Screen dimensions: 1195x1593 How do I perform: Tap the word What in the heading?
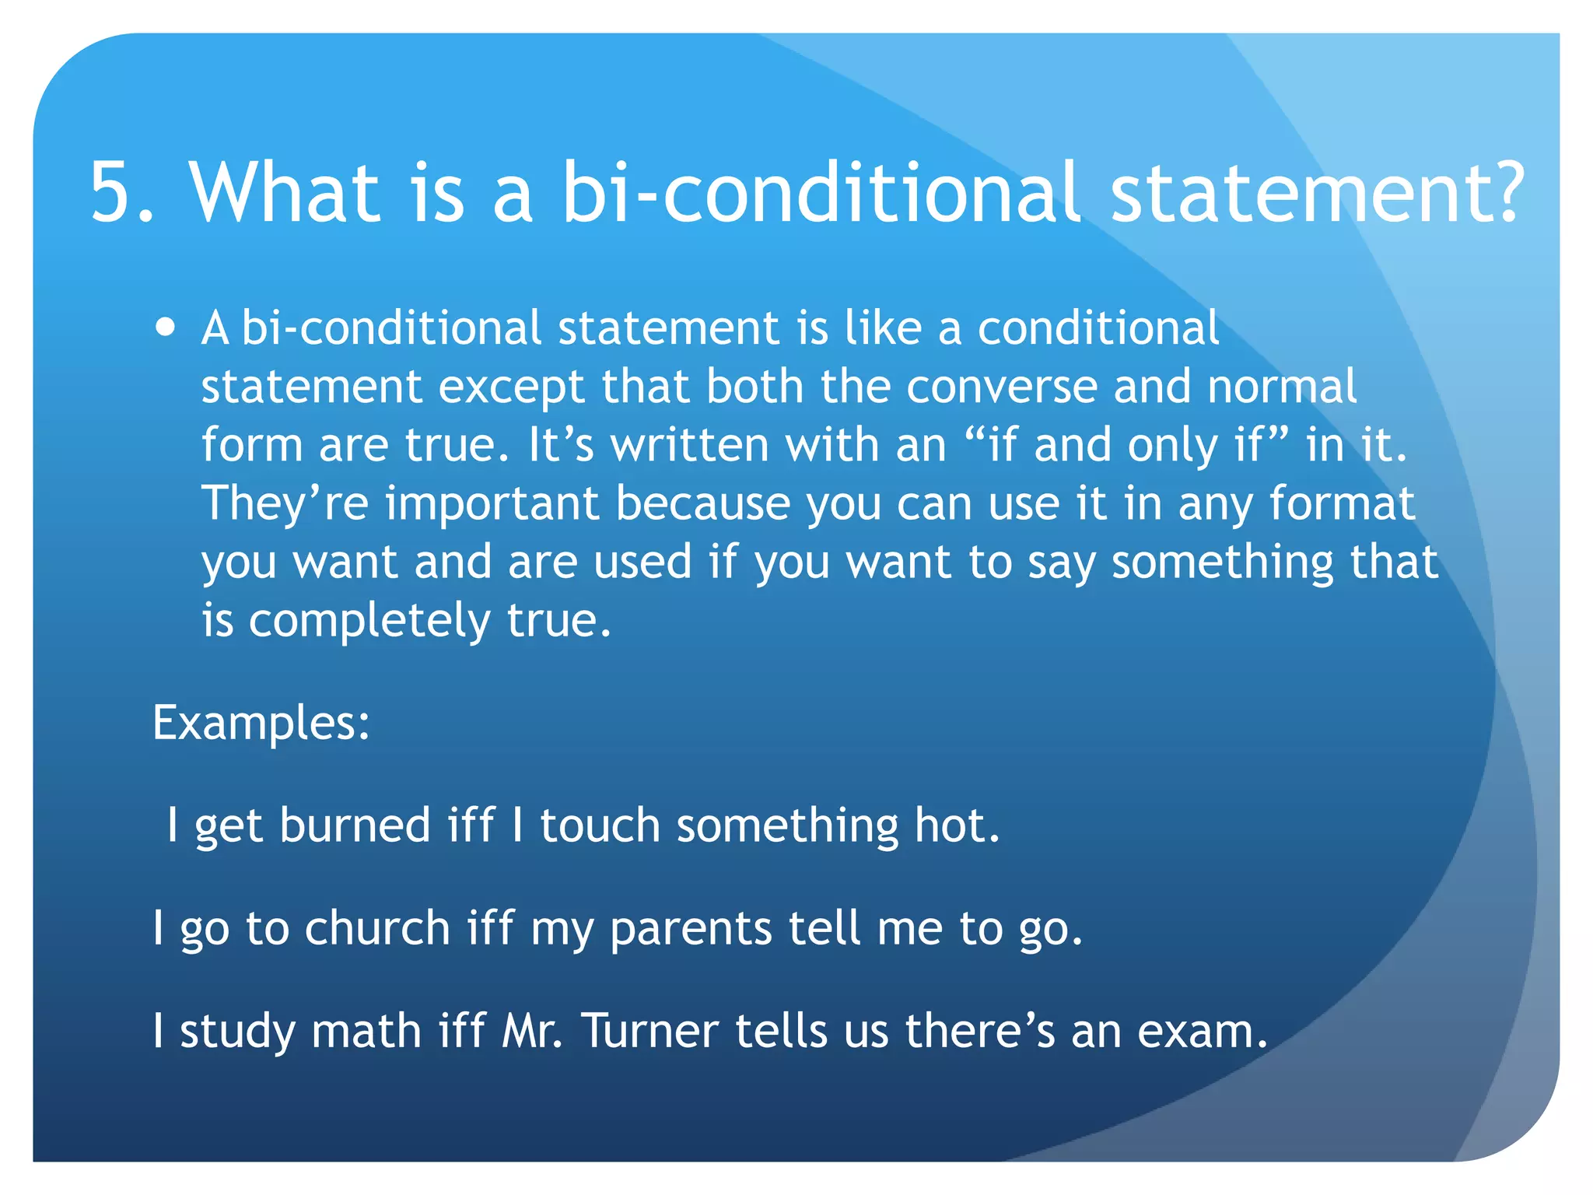click(x=285, y=193)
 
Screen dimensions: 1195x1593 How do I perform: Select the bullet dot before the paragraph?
click(x=165, y=327)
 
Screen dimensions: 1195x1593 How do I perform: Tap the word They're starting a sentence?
click(x=285, y=503)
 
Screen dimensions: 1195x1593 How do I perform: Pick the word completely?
click(x=369, y=622)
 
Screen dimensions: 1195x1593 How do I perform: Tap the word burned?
click(x=355, y=825)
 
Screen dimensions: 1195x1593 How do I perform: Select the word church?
click(x=377, y=928)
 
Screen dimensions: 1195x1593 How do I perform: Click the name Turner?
click(x=650, y=1031)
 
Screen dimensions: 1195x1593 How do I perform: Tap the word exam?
click(x=1201, y=1031)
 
